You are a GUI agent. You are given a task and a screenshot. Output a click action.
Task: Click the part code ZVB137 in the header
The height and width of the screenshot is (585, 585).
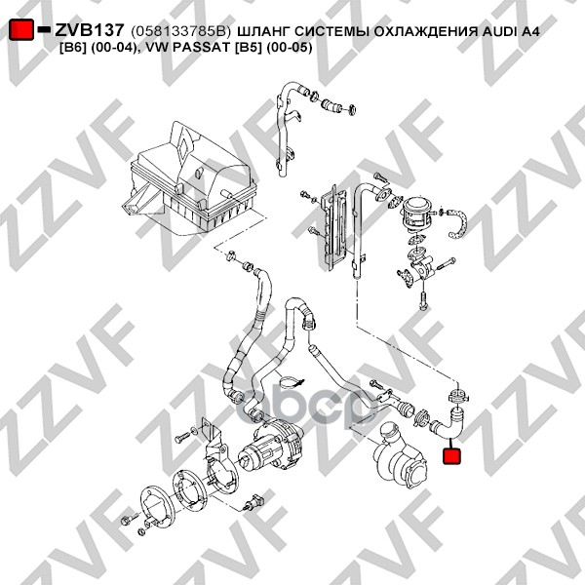(x=89, y=30)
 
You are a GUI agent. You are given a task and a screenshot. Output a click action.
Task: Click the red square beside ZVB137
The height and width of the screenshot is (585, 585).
(x=21, y=29)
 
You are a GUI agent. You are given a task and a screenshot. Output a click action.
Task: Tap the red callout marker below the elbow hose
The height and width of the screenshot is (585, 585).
(x=451, y=456)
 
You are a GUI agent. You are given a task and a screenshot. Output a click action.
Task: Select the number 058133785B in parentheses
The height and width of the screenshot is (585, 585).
(x=178, y=32)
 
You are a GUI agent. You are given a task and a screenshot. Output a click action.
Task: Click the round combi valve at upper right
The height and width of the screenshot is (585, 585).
(x=417, y=212)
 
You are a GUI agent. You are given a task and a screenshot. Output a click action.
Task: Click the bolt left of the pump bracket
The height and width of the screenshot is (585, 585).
(x=183, y=436)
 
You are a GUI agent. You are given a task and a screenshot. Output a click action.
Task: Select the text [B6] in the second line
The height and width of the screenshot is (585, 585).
(x=70, y=48)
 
